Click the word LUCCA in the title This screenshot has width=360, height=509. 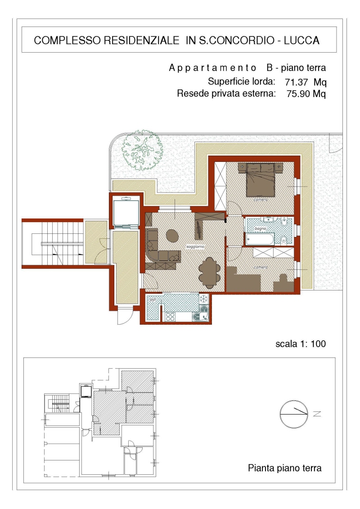pos(301,40)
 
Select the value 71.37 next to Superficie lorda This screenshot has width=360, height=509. pos(296,82)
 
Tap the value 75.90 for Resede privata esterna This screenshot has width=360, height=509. pos(298,94)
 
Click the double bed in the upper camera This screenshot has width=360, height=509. pos(261,179)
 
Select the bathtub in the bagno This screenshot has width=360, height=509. pos(260,239)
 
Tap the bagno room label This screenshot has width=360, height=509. pos(260,228)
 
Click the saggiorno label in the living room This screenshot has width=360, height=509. pos(195,247)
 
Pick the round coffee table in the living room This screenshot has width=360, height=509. pos(172,236)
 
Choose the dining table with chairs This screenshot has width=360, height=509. pos(210,272)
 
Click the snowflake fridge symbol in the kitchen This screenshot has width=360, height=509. pos(204,299)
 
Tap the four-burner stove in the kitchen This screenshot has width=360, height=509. pos(170,317)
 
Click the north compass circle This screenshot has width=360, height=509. pos(294,414)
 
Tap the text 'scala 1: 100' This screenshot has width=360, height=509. pos(301,344)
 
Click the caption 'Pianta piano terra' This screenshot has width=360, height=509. pos(284,468)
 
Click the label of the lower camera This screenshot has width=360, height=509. pos(261,267)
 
